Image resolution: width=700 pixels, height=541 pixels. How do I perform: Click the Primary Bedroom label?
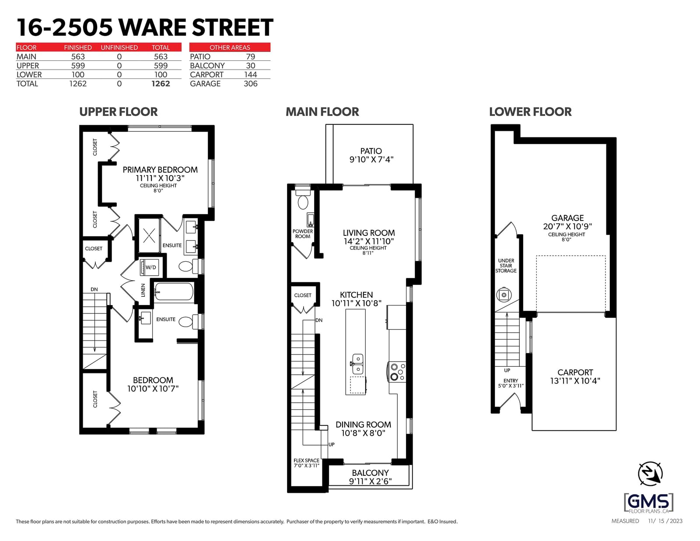point(160,170)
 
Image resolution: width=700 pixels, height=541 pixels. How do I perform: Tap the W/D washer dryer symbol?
point(150,267)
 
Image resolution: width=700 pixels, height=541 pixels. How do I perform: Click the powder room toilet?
point(303,199)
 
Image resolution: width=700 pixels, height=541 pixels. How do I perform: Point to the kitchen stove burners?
point(398,372)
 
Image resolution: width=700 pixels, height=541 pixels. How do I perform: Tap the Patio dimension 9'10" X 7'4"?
point(371,159)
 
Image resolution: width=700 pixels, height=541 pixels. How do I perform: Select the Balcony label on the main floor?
point(370,473)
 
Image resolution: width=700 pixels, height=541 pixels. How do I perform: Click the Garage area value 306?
point(251,84)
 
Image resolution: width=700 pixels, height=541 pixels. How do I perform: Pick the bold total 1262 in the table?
point(161,84)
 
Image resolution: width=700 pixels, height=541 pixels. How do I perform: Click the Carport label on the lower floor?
point(575,372)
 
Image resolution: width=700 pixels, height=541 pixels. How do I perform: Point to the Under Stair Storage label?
point(506,266)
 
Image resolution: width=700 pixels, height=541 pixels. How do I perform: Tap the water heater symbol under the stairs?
point(504,295)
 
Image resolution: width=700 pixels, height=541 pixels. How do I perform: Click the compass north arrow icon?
point(651,473)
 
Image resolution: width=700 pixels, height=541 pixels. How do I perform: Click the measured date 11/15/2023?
point(665,521)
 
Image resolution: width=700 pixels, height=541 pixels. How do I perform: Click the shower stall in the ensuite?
point(149,235)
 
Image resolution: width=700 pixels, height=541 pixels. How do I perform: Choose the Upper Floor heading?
point(118,112)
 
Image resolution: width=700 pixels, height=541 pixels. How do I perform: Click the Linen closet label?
point(143,290)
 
